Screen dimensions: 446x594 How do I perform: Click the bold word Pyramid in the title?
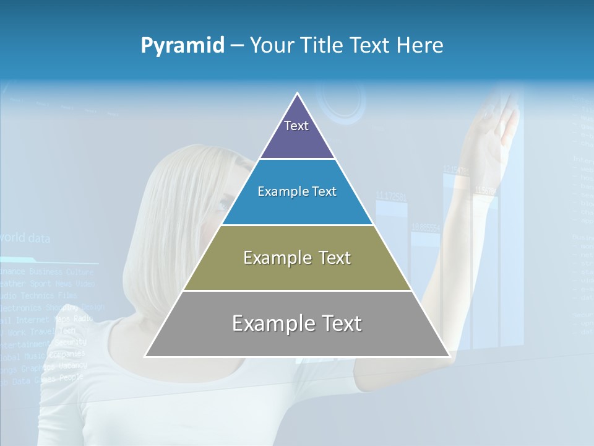pyautogui.click(x=183, y=46)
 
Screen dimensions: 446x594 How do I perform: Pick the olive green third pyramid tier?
pyautogui.click(x=297, y=273)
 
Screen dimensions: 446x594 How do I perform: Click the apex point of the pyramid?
pyautogui.click(x=298, y=94)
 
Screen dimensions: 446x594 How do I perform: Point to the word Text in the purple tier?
pyautogui.click(x=296, y=126)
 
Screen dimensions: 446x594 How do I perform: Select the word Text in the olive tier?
pyautogui.click(x=335, y=258)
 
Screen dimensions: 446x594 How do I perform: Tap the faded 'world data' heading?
pyautogui.click(x=25, y=238)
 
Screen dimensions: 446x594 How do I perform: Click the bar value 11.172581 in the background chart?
pyautogui.click(x=391, y=197)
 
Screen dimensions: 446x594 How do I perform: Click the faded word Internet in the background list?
pyautogui.click(x=32, y=320)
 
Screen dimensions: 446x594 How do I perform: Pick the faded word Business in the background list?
pyautogui.click(x=46, y=271)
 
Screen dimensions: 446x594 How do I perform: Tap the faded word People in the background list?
pyautogui.click(x=71, y=377)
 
